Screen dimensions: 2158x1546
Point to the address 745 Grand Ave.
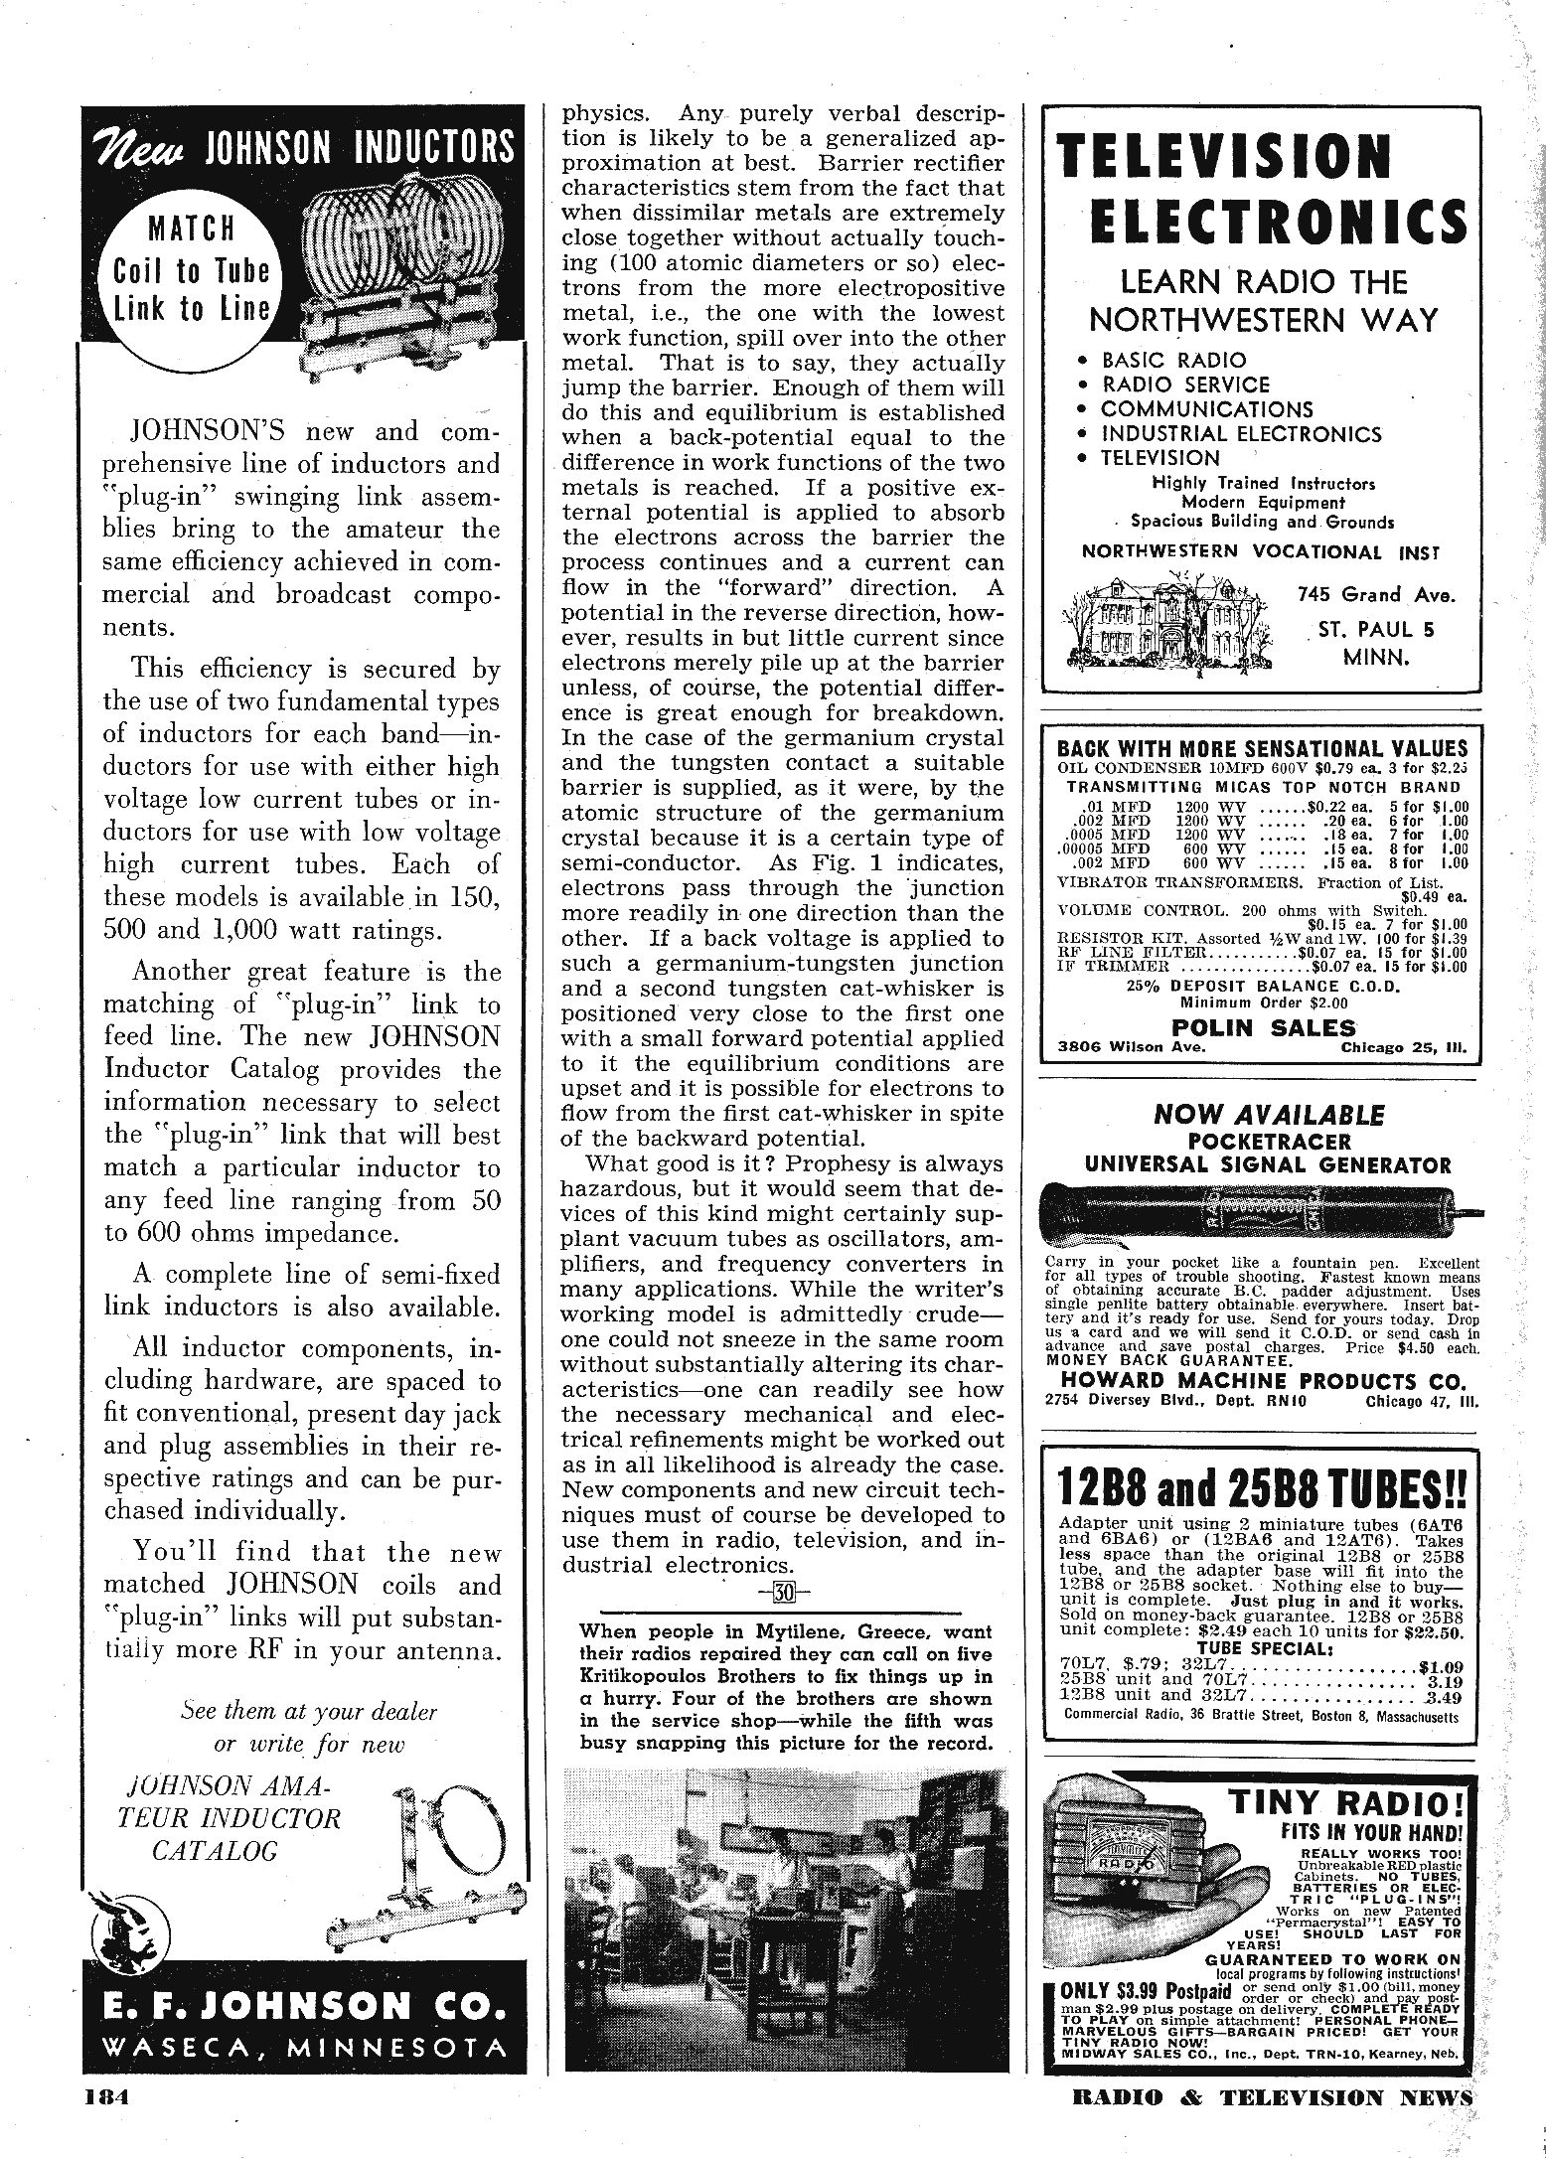coord(1376,595)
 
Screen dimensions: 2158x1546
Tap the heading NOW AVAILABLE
coord(1268,1114)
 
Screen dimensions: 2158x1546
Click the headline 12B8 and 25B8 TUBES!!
coord(1263,1486)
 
